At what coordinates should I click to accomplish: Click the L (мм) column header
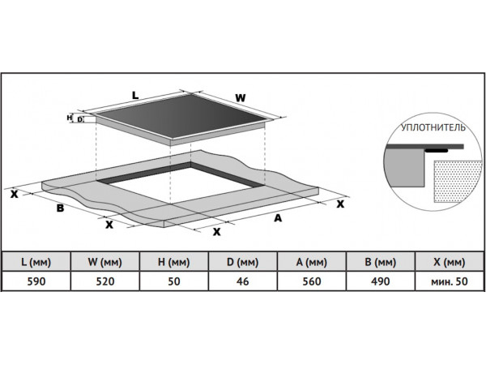[x=36, y=262]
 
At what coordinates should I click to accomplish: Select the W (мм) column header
[x=105, y=262]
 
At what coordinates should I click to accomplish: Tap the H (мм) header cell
[x=174, y=262]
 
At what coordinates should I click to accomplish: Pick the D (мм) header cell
[x=243, y=262]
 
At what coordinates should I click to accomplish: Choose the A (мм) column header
[x=312, y=262]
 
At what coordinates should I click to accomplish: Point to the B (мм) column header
[x=381, y=262]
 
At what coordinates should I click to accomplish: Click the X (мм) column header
[x=450, y=262]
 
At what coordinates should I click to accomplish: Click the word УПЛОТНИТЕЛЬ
[x=432, y=129]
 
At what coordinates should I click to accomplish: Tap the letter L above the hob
[x=135, y=95]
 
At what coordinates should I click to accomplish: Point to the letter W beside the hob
[x=240, y=98]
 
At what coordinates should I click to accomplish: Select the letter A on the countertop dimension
[x=278, y=217]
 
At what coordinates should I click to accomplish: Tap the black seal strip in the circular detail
[x=437, y=150]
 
